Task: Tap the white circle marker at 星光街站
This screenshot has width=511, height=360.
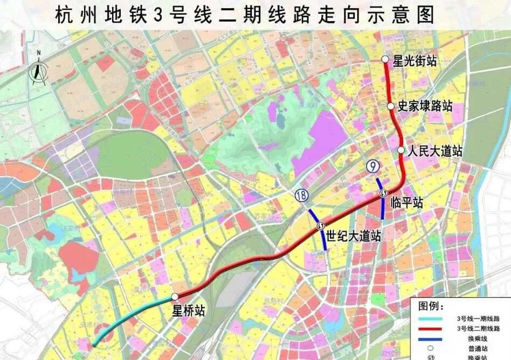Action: click(385, 59)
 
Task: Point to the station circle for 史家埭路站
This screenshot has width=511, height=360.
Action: click(391, 106)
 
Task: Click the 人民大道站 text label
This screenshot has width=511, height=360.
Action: click(435, 150)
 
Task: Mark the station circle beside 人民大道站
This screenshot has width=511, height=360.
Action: click(401, 150)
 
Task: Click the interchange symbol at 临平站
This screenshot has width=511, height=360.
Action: click(384, 193)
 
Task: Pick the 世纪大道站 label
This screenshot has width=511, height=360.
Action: click(354, 236)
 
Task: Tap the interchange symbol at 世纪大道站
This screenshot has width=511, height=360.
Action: click(320, 226)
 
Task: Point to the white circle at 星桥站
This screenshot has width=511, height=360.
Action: click(175, 297)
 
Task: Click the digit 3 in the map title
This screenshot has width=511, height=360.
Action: click(158, 15)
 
